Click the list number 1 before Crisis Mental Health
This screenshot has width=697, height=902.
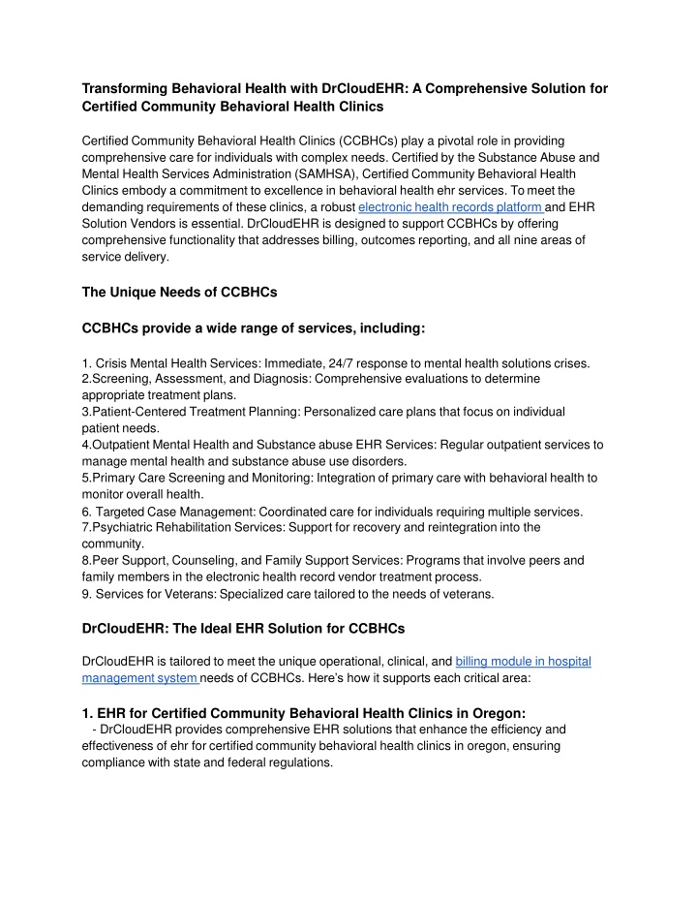tap(86, 363)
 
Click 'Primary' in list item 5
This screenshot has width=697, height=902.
tap(115, 478)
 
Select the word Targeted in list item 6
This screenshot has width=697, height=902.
tap(123, 511)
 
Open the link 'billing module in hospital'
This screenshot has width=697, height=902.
tap(523, 662)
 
